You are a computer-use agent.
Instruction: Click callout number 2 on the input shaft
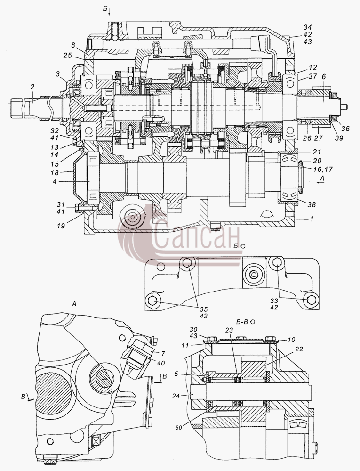coord(32,87)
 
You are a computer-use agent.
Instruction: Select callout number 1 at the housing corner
coord(312,219)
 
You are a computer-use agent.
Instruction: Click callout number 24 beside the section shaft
coord(176,396)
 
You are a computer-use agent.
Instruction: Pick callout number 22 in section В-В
coord(299,349)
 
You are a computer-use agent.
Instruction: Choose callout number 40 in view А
coord(161,363)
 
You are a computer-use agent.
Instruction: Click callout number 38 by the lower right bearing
coord(312,204)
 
